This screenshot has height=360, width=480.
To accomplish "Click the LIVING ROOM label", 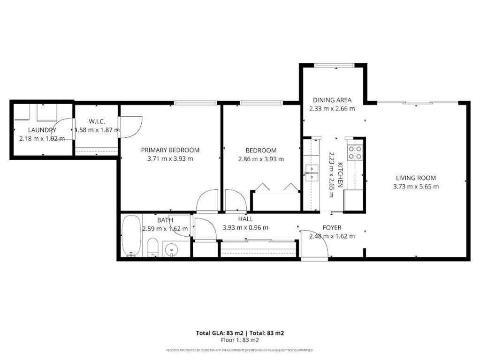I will click(x=416, y=178).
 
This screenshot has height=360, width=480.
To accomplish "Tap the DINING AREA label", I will click(x=332, y=100).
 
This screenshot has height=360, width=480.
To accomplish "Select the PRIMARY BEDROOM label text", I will click(x=170, y=150).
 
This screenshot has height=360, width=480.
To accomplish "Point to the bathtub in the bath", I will click(x=130, y=236).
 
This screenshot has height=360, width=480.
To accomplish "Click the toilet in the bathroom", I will click(x=152, y=247).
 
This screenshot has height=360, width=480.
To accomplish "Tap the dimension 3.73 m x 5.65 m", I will click(x=416, y=187).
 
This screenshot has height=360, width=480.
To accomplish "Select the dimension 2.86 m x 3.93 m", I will click(x=261, y=159).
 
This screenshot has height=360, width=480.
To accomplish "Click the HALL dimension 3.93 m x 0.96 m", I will click(x=245, y=228).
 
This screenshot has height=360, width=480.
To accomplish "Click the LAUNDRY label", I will click(x=42, y=130).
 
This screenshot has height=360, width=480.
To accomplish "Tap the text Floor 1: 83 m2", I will click(x=240, y=340).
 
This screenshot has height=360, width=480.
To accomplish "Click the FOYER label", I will click(x=332, y=227).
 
